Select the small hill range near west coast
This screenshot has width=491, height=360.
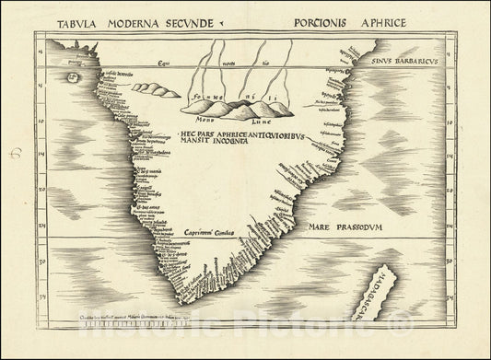click(156, 89)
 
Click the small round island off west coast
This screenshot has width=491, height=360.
click(70, 77)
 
